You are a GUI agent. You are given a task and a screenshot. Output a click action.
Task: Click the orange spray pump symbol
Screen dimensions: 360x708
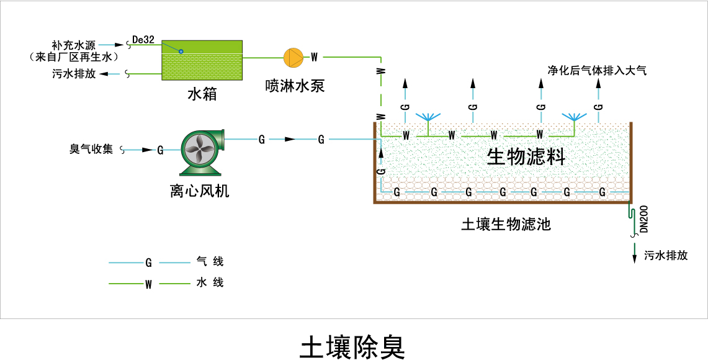coord(293,57)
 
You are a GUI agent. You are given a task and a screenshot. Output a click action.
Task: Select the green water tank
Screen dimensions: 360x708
coord(202,60)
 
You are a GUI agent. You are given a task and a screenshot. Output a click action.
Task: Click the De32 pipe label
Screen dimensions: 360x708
coord(143,40)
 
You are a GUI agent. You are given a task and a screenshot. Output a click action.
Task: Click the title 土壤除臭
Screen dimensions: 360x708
coord(352,347)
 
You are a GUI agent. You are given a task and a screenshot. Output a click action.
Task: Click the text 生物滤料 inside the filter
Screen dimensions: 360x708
coord(526,156)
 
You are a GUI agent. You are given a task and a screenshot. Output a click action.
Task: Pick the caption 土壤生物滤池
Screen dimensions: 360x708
coord(506,224)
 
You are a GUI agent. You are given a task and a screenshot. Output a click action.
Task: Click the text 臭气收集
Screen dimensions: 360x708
coord(91,149)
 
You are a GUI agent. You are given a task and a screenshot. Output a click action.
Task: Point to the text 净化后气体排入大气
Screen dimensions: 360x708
coord(597,71)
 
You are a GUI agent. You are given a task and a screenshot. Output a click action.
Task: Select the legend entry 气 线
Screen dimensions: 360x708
coord(210,263)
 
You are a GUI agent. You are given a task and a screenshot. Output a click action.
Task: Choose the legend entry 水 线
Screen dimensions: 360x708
coord(210,283)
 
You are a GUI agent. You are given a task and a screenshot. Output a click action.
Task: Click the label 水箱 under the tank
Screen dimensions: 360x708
coord(202,94)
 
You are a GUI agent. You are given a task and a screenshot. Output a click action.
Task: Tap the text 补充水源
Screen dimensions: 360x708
coord(74,45)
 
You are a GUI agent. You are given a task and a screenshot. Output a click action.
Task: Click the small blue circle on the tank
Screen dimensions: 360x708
coord(181,51)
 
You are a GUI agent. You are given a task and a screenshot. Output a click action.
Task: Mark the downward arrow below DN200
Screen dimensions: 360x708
coord(634,254)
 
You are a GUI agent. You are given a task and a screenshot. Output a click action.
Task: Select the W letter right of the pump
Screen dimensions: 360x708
coord(315,57)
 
